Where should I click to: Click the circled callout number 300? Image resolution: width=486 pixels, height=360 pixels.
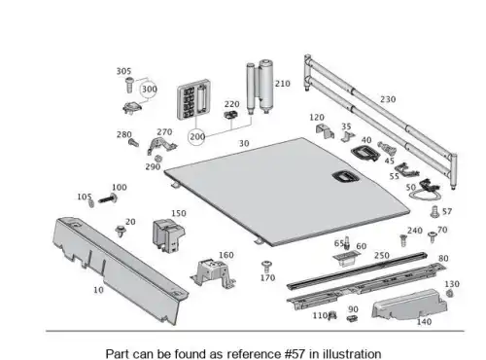point(149,90)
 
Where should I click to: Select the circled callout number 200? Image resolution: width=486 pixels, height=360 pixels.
point(196,137)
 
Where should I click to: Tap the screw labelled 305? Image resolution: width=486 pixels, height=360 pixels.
point(129,85)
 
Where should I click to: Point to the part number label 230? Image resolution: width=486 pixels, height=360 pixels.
point(388,99)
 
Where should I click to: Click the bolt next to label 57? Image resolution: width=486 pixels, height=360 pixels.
point(434,212)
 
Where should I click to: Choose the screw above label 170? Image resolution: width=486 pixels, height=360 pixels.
point(266,266)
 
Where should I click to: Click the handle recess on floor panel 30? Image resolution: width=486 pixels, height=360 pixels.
point(345,177)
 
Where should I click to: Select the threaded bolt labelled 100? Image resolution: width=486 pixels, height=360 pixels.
point(108,198)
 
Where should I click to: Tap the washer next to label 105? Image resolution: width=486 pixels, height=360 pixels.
point(91,203)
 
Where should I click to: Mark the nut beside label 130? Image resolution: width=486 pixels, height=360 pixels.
point(450,293)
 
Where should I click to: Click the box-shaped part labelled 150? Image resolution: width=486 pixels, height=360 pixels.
point(168,234)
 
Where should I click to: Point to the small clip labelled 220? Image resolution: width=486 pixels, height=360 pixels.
point(231,114)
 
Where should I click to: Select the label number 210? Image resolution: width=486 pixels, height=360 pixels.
point(283,84)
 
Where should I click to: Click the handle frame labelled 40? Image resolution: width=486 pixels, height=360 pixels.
point(364,153)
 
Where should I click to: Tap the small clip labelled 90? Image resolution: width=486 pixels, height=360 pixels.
point(352,318)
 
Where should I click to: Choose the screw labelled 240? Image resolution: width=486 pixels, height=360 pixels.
point(403,240)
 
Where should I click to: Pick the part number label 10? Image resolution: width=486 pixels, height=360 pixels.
point(98,290)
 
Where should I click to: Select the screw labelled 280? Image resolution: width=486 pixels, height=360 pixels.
point(133,142)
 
